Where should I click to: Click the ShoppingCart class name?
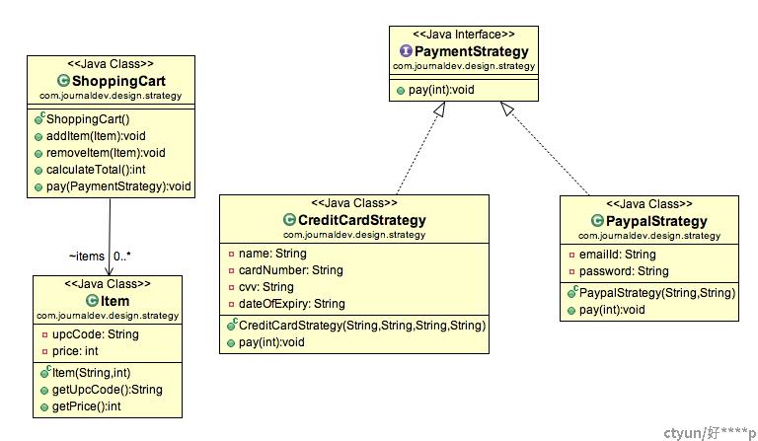118,81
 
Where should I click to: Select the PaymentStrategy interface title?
472,51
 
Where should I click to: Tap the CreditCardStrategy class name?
362,220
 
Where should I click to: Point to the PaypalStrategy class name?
656,221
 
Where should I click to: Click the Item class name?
115,301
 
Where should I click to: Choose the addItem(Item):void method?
96,136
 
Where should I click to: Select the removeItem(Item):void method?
106,153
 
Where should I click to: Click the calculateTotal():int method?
96,170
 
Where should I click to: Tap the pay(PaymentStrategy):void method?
118,186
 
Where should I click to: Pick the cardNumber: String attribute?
290,270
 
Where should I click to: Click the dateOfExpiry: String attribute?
291,304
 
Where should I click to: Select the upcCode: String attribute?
95,334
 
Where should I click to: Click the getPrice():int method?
87,406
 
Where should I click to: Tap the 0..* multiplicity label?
122,256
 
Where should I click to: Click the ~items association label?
87,256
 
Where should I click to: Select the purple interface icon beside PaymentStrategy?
406,50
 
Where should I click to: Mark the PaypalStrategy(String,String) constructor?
657,293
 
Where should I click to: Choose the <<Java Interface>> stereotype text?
464,35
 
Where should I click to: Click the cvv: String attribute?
265,287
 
